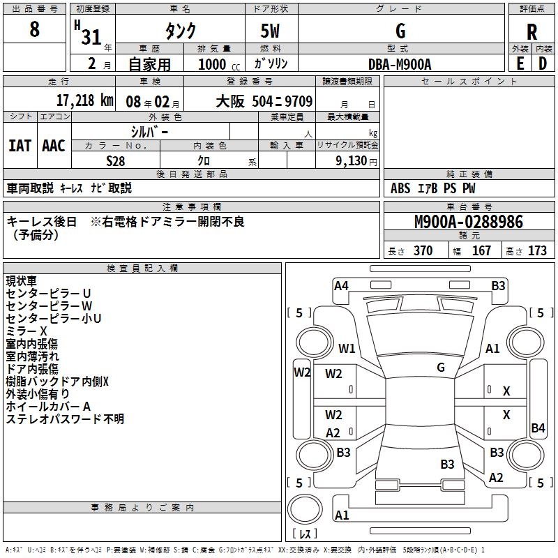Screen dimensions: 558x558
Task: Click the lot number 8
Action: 34,29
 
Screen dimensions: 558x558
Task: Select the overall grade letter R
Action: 531,32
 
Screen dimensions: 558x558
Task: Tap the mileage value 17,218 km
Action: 84,100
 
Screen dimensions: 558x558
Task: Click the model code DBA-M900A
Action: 400,64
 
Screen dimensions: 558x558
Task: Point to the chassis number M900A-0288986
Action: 469,222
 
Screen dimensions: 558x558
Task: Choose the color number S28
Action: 116,161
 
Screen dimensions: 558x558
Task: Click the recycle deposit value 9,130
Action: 352,161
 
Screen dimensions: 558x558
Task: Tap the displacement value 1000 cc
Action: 219,64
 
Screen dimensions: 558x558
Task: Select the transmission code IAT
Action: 20,146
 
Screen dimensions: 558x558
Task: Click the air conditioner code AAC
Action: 54,146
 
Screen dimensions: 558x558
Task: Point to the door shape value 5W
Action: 270,31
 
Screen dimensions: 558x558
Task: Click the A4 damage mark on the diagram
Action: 341,286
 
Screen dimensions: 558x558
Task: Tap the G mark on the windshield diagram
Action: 441,367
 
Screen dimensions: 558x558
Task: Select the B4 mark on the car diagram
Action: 538,428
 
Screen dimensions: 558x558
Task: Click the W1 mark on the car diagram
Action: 347,348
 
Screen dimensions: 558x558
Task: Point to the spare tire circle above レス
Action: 305,509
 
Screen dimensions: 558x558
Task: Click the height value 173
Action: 537,250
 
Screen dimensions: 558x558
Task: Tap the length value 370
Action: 423,250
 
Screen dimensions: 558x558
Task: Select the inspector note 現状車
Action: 22,281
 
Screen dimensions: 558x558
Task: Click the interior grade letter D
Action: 543,64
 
